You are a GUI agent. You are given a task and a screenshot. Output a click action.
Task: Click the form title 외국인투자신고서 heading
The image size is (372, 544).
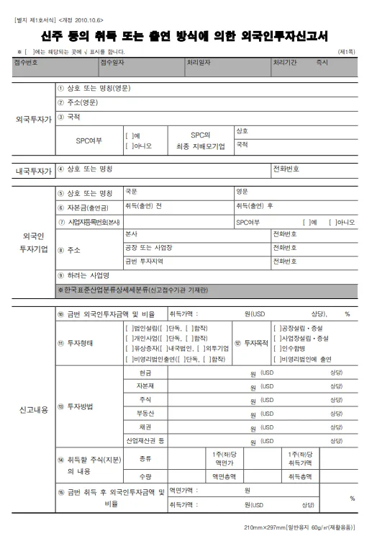pos(186,35)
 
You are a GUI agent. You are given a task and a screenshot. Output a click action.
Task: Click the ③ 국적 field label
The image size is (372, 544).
pos(69,117)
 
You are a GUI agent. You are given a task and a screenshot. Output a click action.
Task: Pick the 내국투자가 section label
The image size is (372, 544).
pos(34,171)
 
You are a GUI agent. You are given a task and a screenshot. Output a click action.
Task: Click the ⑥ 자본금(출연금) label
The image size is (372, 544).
pos(85,207)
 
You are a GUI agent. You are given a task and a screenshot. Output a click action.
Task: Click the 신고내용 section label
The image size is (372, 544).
pos(34,410)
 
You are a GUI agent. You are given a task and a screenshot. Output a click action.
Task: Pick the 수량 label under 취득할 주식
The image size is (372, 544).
pos(145,477)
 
